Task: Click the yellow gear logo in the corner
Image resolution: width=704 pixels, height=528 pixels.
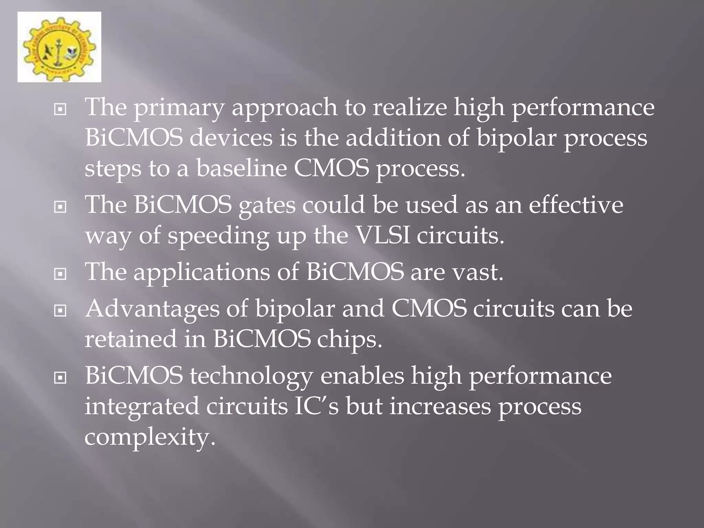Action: pyautogui.click(x=59, y=47)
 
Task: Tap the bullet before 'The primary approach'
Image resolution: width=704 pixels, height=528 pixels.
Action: pyautogui.click(x=60, y=110)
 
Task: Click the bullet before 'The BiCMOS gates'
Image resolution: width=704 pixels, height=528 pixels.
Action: pyautogui.click(x=60, y=207)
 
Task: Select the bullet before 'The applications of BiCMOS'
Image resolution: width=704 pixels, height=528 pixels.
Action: pyautogui.click(x=60, y=274)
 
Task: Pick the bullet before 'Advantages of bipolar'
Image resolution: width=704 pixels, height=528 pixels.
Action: pyautogui.click(x=60, y=311)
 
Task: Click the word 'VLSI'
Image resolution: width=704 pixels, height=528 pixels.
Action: pyautogui.click(x=383, y=235)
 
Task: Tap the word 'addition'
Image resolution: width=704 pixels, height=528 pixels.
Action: pyautogui.click(x=393, y=138)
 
